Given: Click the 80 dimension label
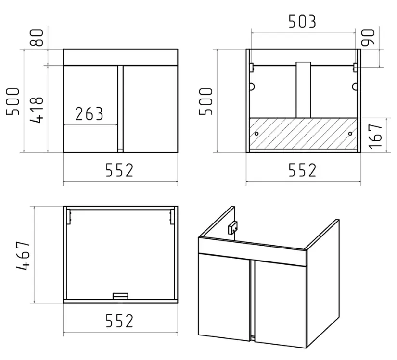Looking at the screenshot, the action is point(37,37).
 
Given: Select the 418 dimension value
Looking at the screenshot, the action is point(37,110).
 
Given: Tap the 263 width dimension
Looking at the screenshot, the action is point(89,114).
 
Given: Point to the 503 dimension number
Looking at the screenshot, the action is point(302,22).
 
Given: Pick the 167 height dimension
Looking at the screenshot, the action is point(375,137).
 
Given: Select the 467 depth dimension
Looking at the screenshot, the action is point(23,255).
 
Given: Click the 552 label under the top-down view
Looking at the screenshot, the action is point(119,321).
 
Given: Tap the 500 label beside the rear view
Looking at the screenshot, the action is point(206,101).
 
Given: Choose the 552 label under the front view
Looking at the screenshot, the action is point(119,170).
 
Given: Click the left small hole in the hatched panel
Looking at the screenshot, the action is point(256,134).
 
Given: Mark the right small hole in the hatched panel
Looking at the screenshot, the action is point(350,134).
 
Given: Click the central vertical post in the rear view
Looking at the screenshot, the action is point(303,90).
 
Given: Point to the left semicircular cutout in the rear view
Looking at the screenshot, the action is point(252,87).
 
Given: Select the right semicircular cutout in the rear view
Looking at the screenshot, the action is point(355,87).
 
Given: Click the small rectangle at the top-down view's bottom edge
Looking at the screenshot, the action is point(120,296).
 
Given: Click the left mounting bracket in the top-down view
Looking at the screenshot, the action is point(69,217).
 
